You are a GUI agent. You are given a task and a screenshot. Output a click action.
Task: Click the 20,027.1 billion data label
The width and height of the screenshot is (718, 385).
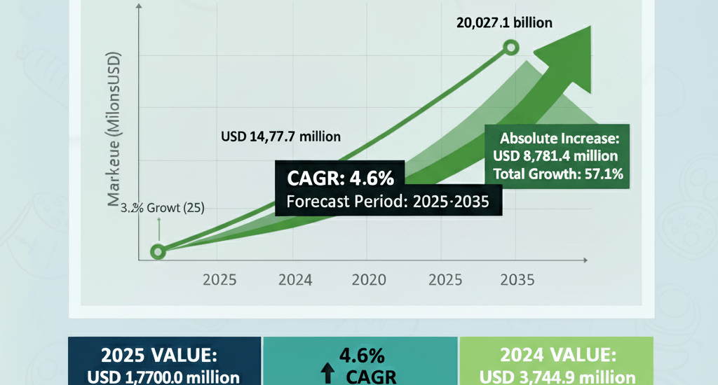pyautogui.click(x=504, y=22)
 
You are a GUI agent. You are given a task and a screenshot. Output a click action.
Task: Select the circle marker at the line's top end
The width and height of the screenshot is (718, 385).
pyautogui.click(x=511, y=48)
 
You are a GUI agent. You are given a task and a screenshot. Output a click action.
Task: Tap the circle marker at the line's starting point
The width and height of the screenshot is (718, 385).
pyautogui.click(x=158, y=251)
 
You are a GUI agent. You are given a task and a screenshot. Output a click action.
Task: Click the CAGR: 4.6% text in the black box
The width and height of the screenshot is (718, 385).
pyautogui.click(x=335, y=178)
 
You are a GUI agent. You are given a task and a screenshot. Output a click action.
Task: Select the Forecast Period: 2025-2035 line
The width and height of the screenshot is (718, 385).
pyautogui.click(x=388, y=202)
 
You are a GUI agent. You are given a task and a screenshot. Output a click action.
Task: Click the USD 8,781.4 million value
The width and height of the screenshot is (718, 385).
pyautogui.click(x=556, y=155)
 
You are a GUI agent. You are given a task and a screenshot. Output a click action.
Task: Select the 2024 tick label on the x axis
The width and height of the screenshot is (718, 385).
pyautogui.click(x=295, y=280)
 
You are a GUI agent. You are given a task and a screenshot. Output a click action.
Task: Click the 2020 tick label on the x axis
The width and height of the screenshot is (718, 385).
pyautogui.click(x=368, y=280)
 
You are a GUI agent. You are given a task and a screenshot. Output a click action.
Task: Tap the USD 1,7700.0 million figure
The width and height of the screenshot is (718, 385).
pyautogui.click(x=163, y=377)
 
